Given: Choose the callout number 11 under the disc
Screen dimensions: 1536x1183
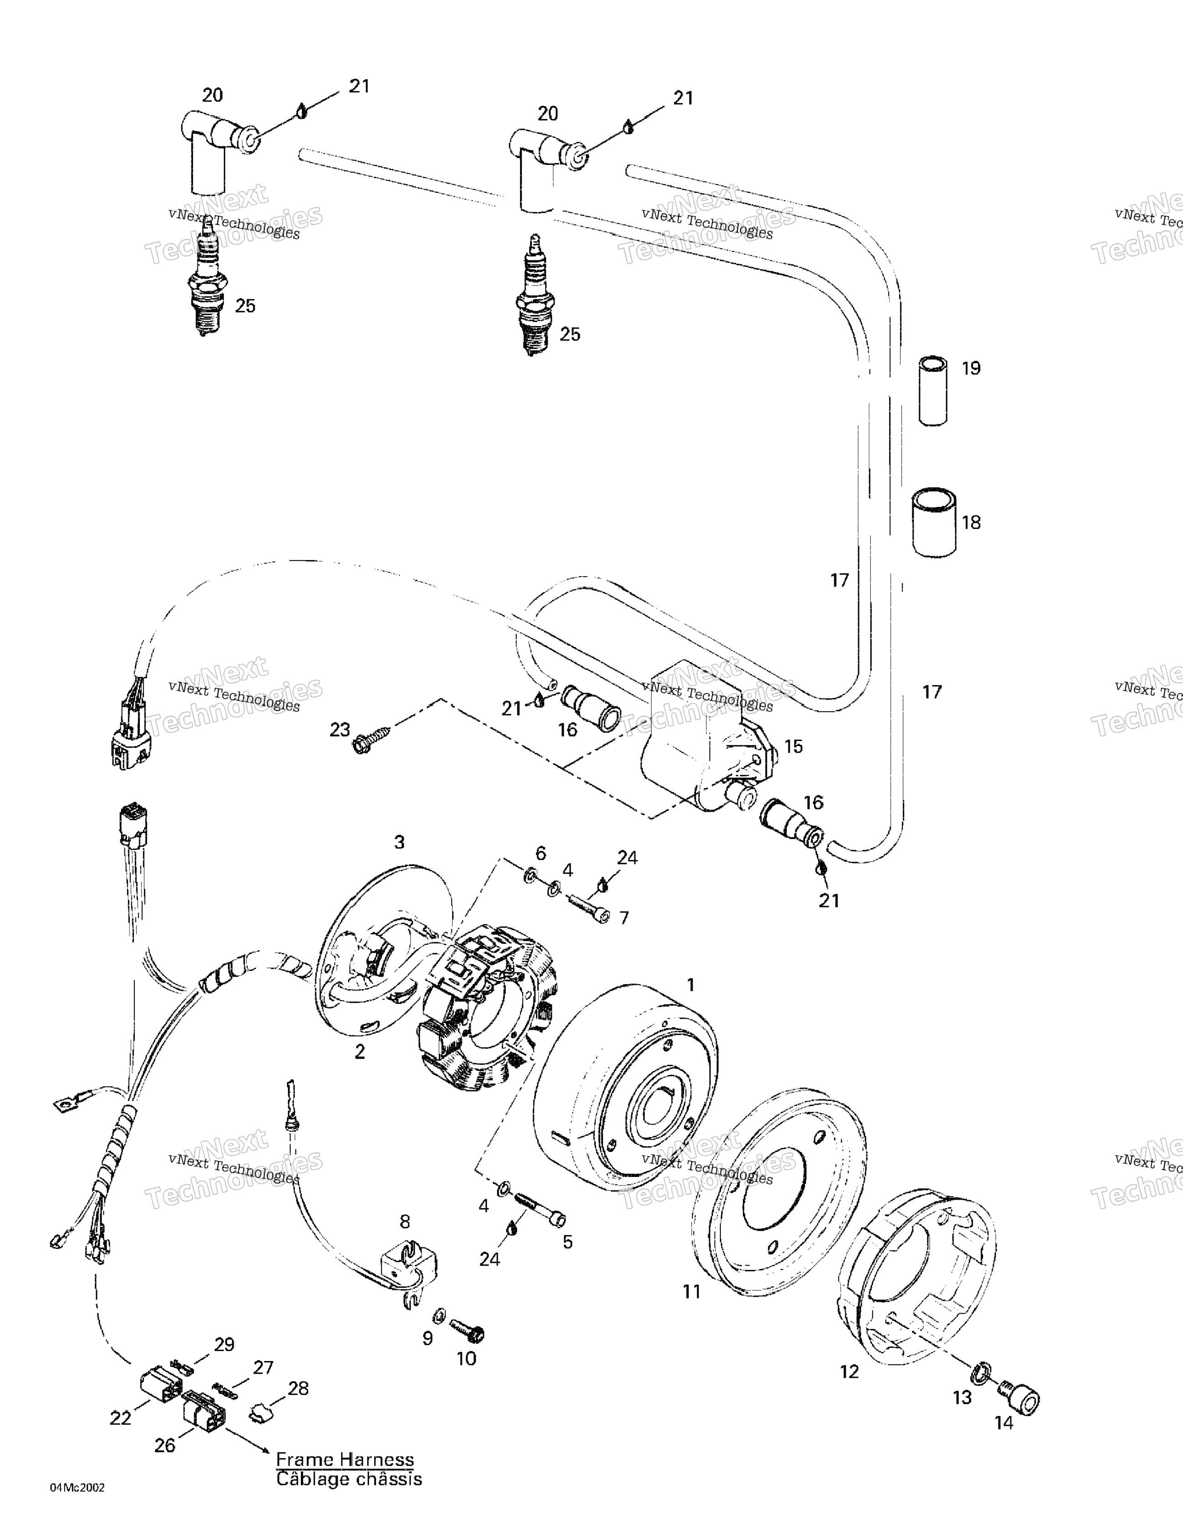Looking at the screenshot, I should tap(692, 1291).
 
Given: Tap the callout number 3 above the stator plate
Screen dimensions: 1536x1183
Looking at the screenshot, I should tap(400, 842).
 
